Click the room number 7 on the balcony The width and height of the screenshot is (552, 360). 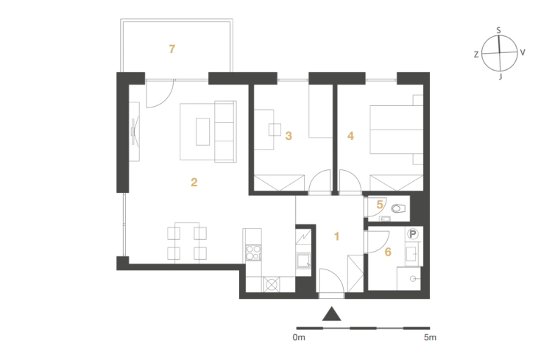tap(171, 49)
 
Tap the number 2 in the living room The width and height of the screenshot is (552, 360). tap(194, 182)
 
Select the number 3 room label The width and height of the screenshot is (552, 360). tap(289, 135)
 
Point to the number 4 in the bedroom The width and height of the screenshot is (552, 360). tap(350, 135)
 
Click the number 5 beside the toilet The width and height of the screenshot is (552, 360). tap(380, 205)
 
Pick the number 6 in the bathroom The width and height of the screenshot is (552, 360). tap(388, 252)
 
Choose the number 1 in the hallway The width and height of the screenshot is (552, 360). tap(336, 236)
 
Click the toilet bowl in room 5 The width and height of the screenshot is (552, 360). tap(398, 208)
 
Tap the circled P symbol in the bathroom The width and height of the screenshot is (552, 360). tap(413, 234)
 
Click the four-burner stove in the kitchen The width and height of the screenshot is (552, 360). tap(253, 253)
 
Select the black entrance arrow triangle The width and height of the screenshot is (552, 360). tap(332, 314)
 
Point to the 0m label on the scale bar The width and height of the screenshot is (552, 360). tap(299, 337)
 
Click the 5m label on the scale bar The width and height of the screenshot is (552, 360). tap(430, 337)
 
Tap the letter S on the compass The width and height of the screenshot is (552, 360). tap(498, 31)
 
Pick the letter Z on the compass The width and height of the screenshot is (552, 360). tap(476, 54)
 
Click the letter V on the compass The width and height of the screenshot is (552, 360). tap(523, 52)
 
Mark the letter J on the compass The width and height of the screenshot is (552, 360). tap(500, 76)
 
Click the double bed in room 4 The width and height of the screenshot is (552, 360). tap(396, 130)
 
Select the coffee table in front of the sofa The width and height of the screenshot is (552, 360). tap(203, 132)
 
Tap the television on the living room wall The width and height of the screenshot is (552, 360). tap(135, 132)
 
